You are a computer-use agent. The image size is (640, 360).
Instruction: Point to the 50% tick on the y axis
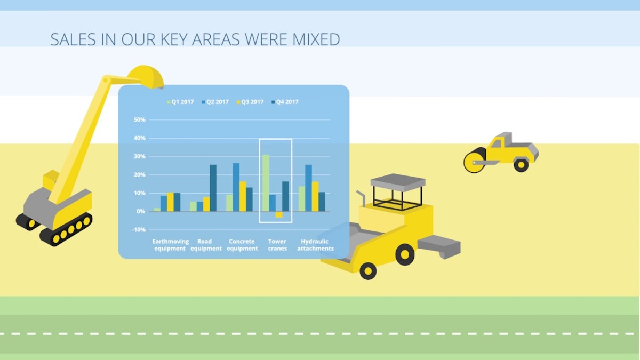point(139,120)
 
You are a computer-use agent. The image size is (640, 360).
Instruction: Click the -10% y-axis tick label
point(138,230)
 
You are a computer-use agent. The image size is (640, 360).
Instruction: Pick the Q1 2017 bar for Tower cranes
point(266,183)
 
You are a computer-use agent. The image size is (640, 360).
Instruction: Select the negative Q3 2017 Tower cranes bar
point(279,214)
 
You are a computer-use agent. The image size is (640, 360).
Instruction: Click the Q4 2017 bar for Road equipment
point(213,188)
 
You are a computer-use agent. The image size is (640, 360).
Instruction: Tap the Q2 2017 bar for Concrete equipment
point(236,187)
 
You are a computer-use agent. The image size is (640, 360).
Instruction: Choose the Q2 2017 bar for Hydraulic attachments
point(308,188)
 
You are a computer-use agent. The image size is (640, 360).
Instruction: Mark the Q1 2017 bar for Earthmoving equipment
point(157,210)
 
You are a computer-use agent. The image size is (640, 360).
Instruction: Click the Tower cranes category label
point(277,245)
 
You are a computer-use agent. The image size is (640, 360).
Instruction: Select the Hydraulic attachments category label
point(315,245)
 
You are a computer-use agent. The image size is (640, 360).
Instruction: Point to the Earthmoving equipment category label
point(170,245)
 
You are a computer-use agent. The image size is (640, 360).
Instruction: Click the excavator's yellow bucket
point(146,76)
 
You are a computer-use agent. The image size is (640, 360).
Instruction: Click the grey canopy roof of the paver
point(397,181)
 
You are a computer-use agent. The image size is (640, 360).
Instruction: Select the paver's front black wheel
point(368,270)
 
